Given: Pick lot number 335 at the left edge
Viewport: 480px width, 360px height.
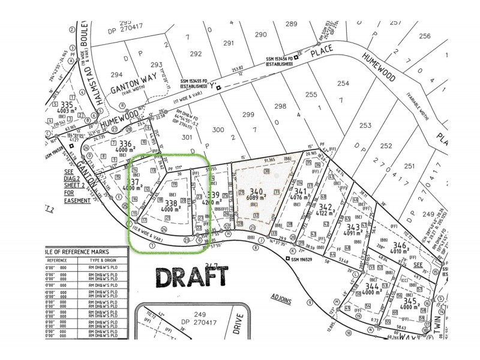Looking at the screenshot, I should click(67, 104).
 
